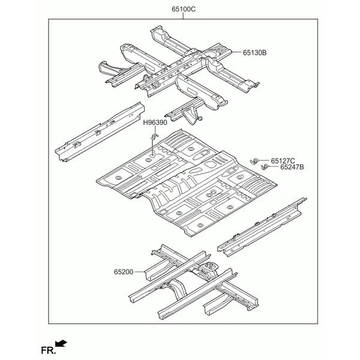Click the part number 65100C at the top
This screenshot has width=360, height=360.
pos(184,9)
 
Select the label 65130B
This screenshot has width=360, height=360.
pos(255,53)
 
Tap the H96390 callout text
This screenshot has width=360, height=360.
pos(155,122)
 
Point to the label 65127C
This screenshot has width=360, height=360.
pos(283,161)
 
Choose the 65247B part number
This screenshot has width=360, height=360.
pos(292,167)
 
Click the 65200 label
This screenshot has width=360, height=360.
pos(124,272)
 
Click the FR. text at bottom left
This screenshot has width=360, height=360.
pos(48,350)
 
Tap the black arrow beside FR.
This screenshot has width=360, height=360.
pos(61,343)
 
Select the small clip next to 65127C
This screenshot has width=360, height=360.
pos(254,161)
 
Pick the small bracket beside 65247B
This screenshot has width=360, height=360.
pos(265,167)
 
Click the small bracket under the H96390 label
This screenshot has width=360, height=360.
pos(154,136)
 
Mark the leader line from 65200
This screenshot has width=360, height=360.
pos(139,272)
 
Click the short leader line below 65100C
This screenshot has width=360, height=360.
pos(183,16)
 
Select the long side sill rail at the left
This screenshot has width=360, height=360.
pos(100,132)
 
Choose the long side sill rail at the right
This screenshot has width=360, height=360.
pos(262,227)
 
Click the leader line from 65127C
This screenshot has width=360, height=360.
pos(265,161)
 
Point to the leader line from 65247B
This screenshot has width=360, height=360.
pos(274,167)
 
